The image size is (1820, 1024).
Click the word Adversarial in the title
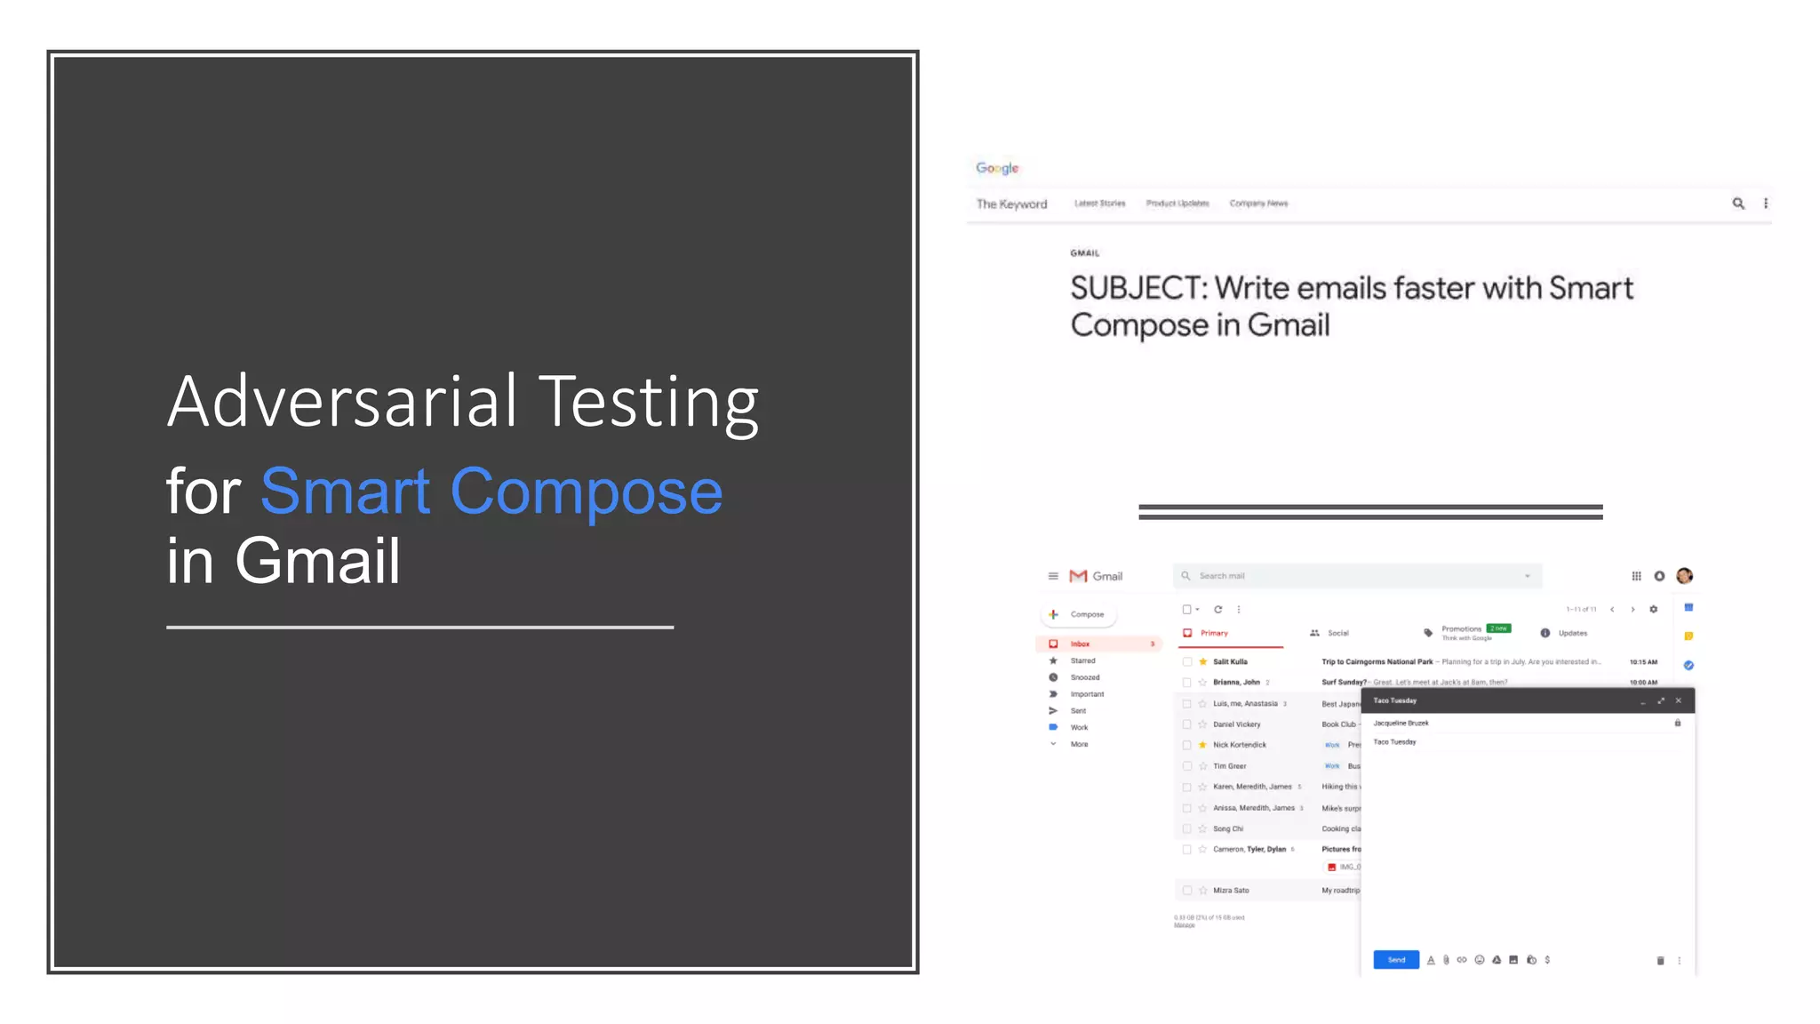click(x=342, y=402)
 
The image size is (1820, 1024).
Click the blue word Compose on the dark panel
click(x=587, y=492)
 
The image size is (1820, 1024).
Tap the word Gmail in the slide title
click(x=317, y=561)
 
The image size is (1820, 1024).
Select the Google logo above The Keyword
click(x=997, y=168)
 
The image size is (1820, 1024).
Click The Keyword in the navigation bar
click(x=1011, y=204)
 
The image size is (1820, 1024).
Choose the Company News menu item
click(x=1258, y=204)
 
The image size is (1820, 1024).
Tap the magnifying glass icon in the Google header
click(x=1738, y=204)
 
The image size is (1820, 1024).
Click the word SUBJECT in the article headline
click(x=1138, y=289)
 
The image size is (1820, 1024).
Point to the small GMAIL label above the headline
click(x=1084, y=253)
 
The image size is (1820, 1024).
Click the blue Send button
click(x=1396, y=960)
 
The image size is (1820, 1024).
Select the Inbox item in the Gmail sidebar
click(x=1080, y=644)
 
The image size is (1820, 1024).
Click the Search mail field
click(x=1351, y=576)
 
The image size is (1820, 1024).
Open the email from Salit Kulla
click(x=1230, y=662)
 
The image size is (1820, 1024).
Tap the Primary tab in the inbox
click(x=1213, y=633)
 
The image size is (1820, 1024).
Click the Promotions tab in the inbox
click(x=1461, y=629)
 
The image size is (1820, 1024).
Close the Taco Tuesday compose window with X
click(x=1679, y=700)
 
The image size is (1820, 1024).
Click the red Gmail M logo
click(x=1078, y=576)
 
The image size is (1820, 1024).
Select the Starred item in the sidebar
click(x=1082, y=660)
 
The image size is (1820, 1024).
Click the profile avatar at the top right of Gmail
click(x=1684, y=576)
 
